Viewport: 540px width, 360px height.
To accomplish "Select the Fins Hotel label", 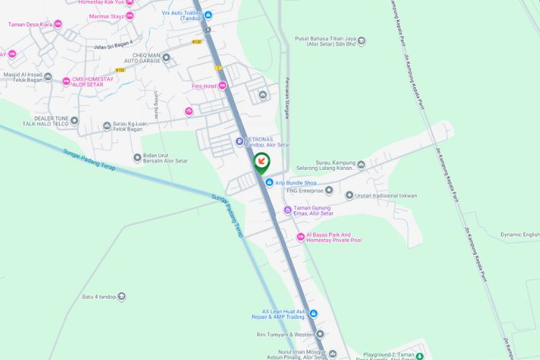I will tap(204, 86).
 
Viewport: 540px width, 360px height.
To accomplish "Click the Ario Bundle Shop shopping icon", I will tap(269, 183).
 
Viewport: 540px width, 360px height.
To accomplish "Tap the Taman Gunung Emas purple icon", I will tap(287, 210).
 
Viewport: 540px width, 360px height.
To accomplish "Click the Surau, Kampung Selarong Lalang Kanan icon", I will tap(361, 165).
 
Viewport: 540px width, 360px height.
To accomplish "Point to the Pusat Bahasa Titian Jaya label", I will tap(325, 42).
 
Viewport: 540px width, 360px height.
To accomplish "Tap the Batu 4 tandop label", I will tap(99, 297).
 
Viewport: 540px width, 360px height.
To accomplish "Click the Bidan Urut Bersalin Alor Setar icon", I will tap(138, 158).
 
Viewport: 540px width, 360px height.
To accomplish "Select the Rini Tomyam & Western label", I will tap(284, 334).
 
